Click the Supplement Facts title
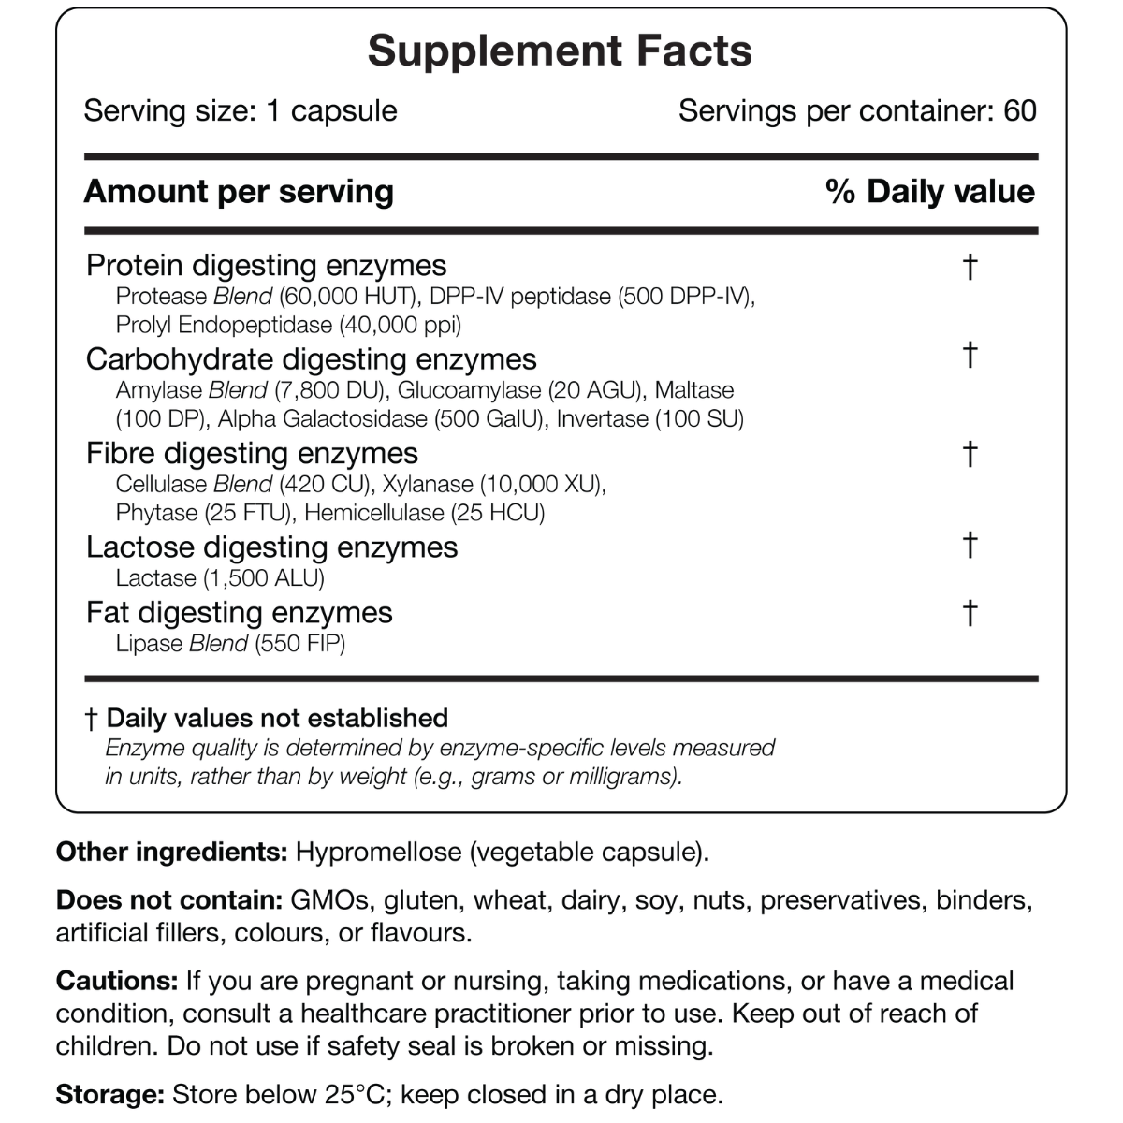(x=560, y=51)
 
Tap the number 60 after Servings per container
(x=1019, y=110)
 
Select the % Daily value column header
(x=930, y=192)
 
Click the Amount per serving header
(x=239, y=192)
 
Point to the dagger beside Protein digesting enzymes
(x=970, y=267)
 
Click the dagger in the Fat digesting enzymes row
(x=970, y=613)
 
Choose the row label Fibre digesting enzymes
(x=252, y=454)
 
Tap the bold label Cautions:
(x=117, y=981)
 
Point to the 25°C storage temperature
(x=359, y=1094)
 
